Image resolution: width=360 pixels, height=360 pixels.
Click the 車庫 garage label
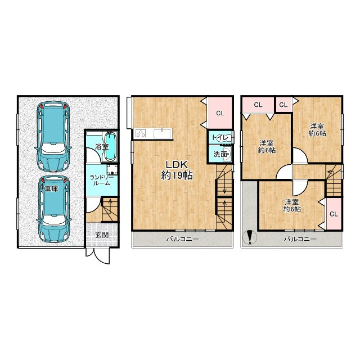pos(51,189)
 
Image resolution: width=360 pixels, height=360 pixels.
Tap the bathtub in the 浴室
pos(111,146)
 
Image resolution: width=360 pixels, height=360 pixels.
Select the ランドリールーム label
pos(102,181)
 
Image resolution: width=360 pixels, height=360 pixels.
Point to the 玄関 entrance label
pos(102,235)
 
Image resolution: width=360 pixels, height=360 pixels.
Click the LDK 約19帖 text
pos(177,170)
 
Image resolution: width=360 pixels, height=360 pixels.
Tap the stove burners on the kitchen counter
pos(141,133)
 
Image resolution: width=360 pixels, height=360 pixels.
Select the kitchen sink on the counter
pos(162,133)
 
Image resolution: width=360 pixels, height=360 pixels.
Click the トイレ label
pos(220,138)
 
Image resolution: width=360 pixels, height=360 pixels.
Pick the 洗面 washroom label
pos(220,154)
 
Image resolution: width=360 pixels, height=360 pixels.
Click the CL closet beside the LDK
pos(220,113)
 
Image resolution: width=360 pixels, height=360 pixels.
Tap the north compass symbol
pos(250,237)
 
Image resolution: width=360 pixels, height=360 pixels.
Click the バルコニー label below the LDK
pos(182,239)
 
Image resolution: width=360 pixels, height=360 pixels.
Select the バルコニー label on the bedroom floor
pos(300,239)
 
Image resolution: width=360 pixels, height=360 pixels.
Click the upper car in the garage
pos(53,136)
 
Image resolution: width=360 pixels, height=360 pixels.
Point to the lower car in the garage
pos(53,209)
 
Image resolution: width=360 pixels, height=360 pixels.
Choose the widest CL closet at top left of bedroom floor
pos(258,105)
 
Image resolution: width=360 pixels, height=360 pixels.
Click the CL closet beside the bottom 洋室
pos(334,214)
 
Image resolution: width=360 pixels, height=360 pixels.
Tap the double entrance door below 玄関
pos(98,255)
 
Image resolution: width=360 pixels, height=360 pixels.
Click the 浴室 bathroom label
pos(102,146)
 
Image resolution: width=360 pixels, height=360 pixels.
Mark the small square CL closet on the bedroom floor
pos(283,105)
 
